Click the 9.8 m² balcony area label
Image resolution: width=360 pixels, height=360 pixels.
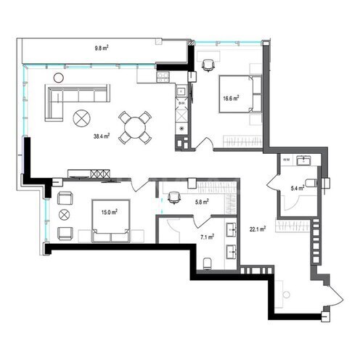[x=101, y=48]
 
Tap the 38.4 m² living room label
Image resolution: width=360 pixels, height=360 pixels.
[x=102, y=136]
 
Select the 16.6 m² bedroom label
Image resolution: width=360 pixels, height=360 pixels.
[x=231, y=98]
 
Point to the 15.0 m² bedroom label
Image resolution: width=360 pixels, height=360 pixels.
[x=110, y=213]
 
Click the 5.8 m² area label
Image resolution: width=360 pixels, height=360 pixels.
[x=202, y=202]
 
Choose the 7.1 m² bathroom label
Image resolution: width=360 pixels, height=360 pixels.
[x=207, y=237]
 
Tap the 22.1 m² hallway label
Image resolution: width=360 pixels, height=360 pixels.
[x=258, y=229]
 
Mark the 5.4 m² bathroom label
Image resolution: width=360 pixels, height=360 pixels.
[x=298, y=188]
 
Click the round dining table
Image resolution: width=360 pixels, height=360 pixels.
[x=134, y=128]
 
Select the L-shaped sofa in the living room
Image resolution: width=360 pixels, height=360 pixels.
[x=77, y=102]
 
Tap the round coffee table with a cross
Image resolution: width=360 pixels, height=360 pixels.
[x=82, y=118]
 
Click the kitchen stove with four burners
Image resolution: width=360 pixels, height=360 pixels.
[x=163, y=78]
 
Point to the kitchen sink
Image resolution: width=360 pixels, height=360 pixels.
[x=181, y=91]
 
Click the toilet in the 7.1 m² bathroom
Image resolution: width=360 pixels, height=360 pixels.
[x=208, y=263]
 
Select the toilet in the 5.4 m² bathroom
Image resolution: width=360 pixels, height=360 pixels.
[x=311, y=183]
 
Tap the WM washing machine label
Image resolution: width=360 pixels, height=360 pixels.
[x=287, y=160]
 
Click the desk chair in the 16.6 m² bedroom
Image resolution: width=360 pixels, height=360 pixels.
[x=208, y=65]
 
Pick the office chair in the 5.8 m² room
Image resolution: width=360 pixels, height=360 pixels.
[x=173, y=197]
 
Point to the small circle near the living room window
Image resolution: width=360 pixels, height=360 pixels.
[x=59, y=78]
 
